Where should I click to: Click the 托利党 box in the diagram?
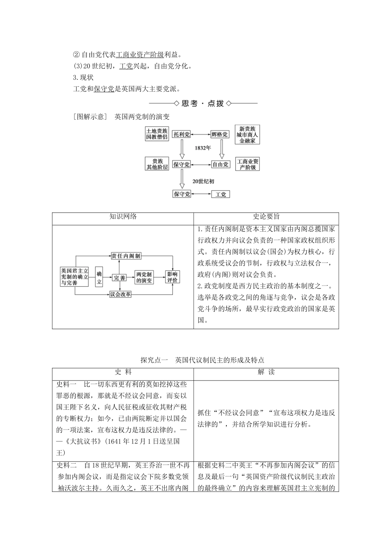click(182, 135)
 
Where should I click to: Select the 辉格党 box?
click(220, 135)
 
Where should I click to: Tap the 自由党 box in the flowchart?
click(220, 164)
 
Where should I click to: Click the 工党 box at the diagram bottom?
click(221, 194)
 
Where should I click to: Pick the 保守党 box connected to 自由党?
click(182, 164)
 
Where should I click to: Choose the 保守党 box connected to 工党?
click(182, 194)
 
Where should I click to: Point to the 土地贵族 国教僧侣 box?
click(157, 134)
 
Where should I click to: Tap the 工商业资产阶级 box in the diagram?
click(248, 164)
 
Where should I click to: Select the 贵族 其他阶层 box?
click(157, 164)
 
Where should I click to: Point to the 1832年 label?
click(202, 148)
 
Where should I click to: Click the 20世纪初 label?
click(203, 181)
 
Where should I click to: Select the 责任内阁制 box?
click(126, 256)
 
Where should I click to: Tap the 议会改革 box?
click(120, 294)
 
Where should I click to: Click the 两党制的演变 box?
click(144, 277)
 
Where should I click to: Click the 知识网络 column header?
click(123, 217)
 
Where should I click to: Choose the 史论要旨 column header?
click(266, 217)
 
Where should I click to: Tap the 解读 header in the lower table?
click(266, 372)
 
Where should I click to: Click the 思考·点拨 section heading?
click(203, 103)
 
